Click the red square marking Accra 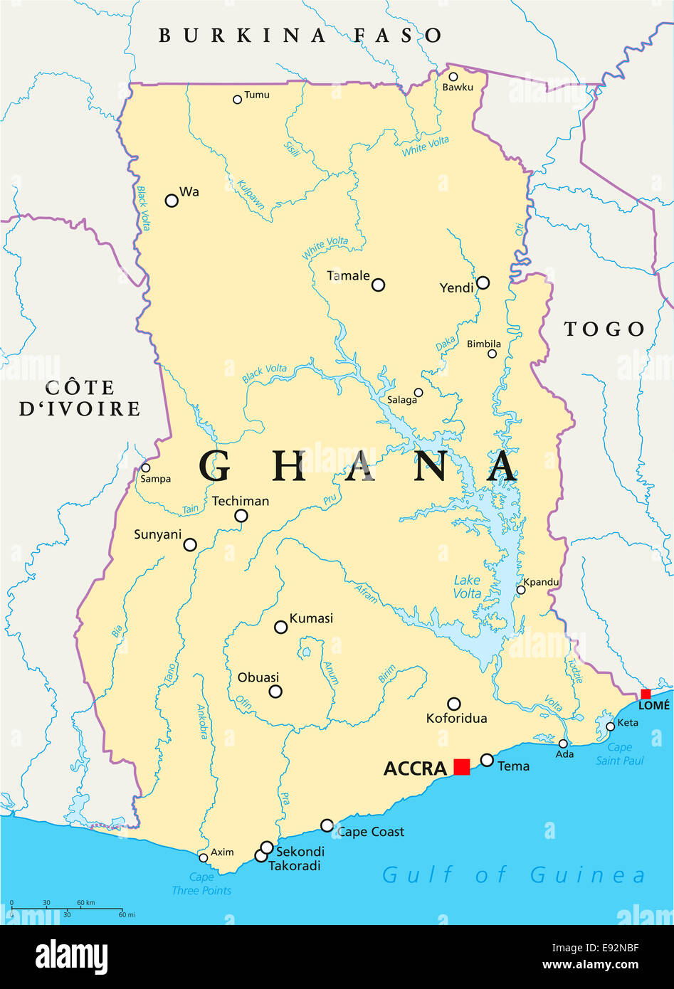(462, 766)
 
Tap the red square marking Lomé (646, 694)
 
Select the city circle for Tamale (378, 285)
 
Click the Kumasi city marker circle (281, 627)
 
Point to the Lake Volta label (467, 587)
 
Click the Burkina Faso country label (300, 35)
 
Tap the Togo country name (604, 329)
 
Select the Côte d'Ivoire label (80, 398)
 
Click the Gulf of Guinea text (514, 874)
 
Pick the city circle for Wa (172, 201)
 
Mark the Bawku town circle (453, 77)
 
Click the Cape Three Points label (201, 884)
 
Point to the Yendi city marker (483, 282)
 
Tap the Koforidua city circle (453, 704)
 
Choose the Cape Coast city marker (327, 825)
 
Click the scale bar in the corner (68, 908)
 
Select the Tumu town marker (237, 100)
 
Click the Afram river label (366, 593)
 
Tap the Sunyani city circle (190, 544)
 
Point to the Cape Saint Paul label (619, 754)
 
